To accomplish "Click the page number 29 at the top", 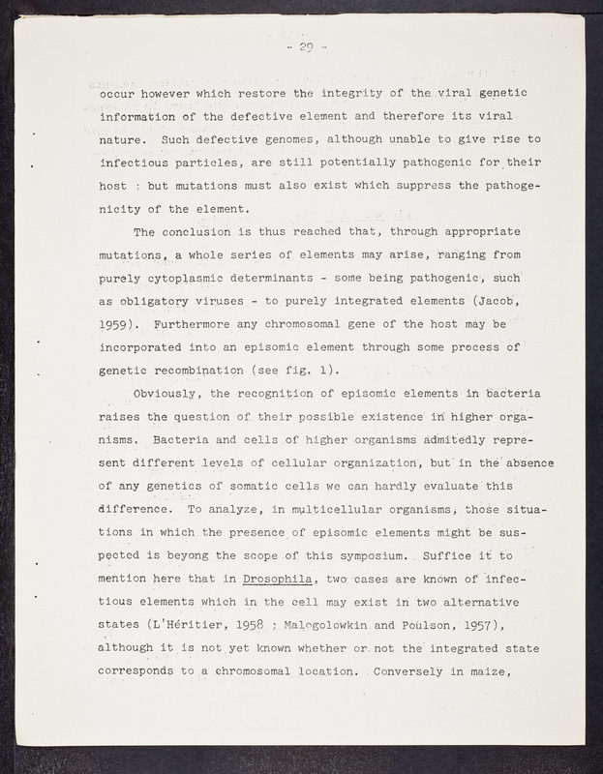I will point(309,46).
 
